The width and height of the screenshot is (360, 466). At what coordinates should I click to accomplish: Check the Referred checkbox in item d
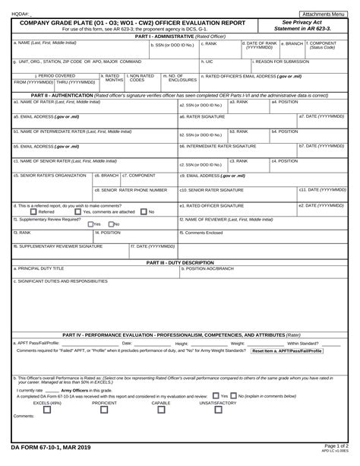tap(22, 212)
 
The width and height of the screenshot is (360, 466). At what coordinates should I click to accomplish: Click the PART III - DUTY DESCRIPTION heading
tap(180, 262)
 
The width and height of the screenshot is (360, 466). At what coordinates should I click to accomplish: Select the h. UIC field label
tap(207, 61)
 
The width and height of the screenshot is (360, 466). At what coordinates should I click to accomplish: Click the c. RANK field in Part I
tap(220, 48)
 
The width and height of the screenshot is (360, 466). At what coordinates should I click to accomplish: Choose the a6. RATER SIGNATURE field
tap(235, 121)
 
